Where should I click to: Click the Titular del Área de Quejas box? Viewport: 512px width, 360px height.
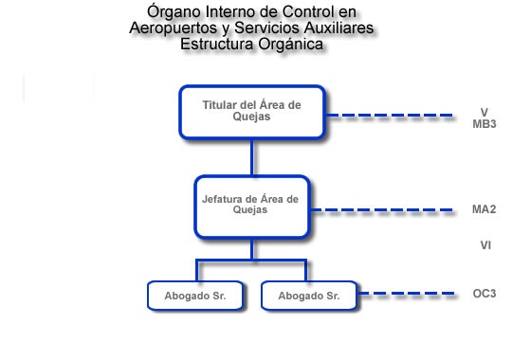coord(251,112)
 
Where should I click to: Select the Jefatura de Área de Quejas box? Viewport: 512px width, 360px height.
coord(251,206)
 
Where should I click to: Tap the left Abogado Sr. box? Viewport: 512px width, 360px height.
coord(194,296)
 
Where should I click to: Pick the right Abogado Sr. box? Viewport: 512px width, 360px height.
coord(309,296)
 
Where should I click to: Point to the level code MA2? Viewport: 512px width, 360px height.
coord(484,209)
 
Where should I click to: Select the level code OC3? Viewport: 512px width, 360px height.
coord(484,294)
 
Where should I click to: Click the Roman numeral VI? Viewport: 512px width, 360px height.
coord(485,245)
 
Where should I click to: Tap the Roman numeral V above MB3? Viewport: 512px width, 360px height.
coord(484,111)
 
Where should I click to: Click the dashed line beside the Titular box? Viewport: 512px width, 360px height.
coord(390,117)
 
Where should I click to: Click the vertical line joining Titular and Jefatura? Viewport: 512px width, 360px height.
coord(251,157)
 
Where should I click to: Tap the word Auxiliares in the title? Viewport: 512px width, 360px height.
coord(341,28)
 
